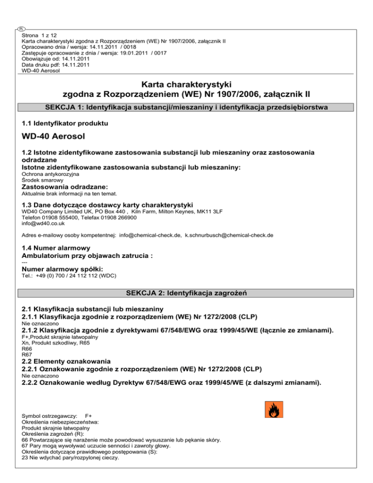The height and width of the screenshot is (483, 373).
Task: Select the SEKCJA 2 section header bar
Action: (187, 293)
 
